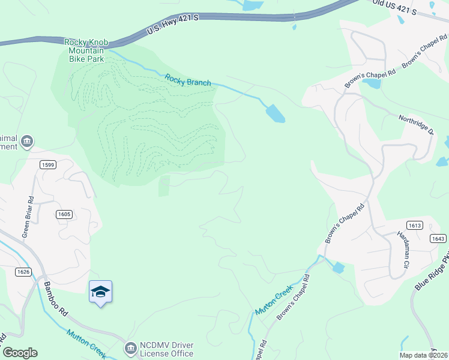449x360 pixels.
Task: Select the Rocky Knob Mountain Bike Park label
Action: [85, 50]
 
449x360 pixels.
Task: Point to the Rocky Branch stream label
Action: [188, 79]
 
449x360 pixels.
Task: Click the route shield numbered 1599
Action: [48, 164]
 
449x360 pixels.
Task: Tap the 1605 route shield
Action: [65, 214]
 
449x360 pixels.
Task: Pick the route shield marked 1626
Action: [23, 272]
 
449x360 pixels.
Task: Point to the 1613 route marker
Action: [414, 225]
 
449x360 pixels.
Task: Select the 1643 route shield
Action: [438, 238]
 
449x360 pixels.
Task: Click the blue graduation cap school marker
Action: [100, 292]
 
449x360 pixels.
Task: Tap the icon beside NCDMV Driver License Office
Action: [130, 347]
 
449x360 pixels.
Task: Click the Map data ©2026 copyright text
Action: [423, 355]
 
